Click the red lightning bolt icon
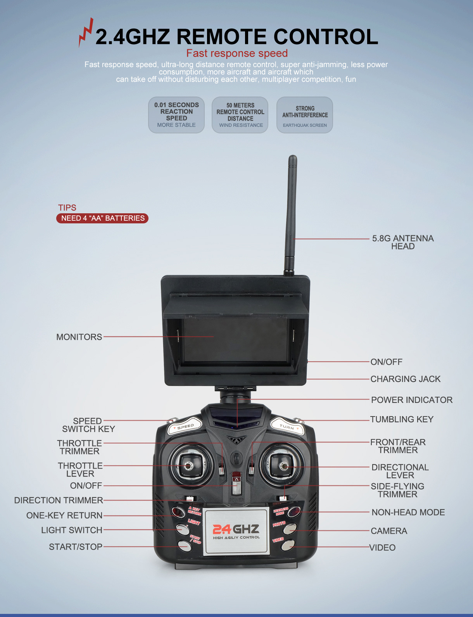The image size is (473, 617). pos(86,32)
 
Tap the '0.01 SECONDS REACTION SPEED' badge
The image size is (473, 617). pos(176,115)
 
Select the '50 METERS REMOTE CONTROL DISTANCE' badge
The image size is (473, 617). pos(240,115)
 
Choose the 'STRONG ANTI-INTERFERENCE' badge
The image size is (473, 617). pos(304,115)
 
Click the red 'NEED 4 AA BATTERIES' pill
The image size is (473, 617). pos(102,218)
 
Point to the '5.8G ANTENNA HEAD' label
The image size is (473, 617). pos(403,242)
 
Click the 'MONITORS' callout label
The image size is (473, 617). pos(79,337)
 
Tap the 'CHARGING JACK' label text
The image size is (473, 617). pos(406,379)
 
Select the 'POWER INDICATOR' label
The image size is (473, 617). pos(412,400)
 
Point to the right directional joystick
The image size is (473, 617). pos(283,466)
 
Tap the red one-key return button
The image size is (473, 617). pos(178,512)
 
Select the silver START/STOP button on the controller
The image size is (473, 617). pos(185,545)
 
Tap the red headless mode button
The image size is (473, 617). pos(294,512)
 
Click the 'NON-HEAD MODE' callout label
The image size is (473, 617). pos(408,512)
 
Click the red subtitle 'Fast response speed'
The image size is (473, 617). pos(237,53)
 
